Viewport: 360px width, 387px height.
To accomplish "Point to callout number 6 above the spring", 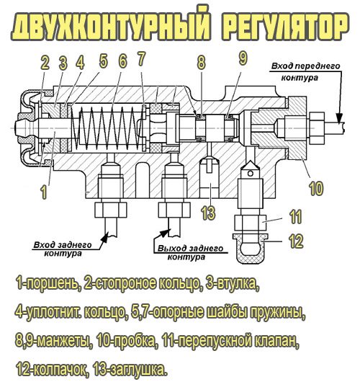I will point(122,62).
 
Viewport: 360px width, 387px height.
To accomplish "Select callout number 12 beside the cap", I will point(297,241).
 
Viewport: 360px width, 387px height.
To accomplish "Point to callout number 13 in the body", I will point(208,213).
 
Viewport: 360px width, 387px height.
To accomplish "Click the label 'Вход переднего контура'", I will point(292,72).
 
